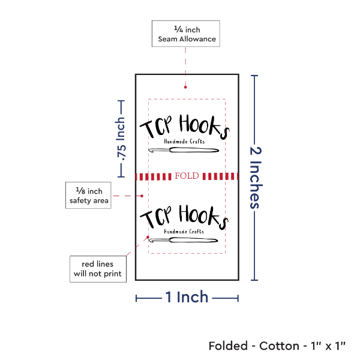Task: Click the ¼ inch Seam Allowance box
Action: (x=186, y=34)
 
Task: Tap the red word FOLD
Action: (x=187, y=176)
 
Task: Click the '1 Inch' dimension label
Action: (x=187, y=296)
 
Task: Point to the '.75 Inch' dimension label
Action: (x=121, y=139)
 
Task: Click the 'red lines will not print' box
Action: (x=97, y=269)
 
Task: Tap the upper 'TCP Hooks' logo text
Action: (x=184, y=127)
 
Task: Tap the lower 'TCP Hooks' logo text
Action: (x=184, y=217)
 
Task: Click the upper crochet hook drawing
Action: (x=184, y=149)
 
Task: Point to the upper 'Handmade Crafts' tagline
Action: (x=180, y=141)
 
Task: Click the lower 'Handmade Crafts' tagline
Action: (x=180, y=232)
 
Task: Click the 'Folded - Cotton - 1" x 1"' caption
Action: (x=277, y=346)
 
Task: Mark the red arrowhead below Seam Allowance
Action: (x=185, y=88)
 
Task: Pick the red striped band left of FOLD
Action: (x=154, y=176)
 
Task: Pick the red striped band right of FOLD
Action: (x=221, y=176)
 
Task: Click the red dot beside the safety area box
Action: (x=142, y=196)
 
